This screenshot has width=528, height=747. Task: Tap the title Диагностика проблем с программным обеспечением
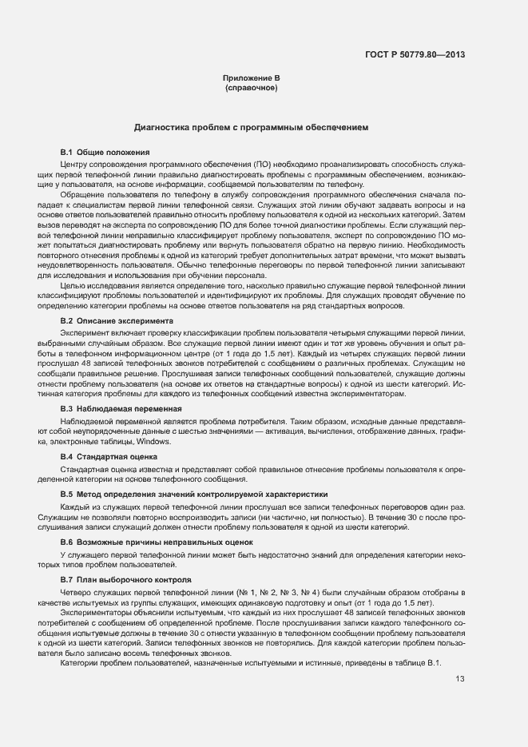pos(251,127)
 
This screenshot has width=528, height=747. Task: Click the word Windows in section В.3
pos(154,441)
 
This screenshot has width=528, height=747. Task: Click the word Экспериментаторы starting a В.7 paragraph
pos(96,612)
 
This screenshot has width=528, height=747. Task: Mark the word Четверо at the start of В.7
pos(77,592)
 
